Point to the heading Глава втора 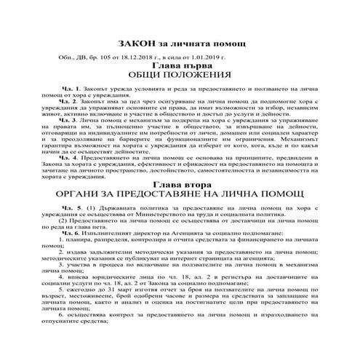180,185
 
